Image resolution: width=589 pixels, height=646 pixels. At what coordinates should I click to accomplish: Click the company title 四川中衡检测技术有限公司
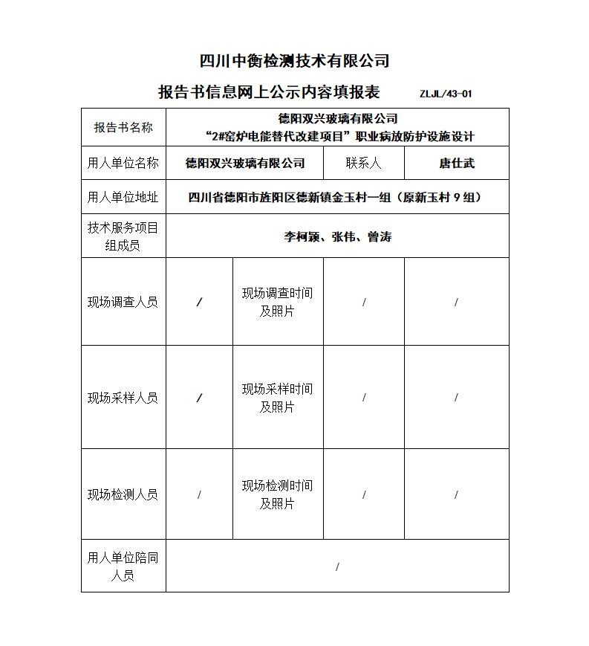click(x=295, y=61)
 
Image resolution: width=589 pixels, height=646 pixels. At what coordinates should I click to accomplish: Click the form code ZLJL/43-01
click(x=446, y=94)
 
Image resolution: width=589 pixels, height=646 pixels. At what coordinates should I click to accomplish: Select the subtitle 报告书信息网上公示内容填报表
click(x=269, y=92)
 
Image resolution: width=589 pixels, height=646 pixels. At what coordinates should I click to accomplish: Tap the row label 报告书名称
click(x=123, y=127)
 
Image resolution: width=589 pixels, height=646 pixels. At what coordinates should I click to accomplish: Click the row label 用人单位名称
click(x=123, y=163)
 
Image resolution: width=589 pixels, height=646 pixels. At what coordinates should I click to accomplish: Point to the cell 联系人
click(x=363, y=163)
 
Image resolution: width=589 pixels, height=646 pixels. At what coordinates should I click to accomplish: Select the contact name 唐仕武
click(x=456, y=163)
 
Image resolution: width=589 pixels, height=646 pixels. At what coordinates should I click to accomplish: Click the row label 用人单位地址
click(x=123, y=197)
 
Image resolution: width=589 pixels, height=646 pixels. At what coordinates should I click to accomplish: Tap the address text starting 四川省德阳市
click(x=336, y=197)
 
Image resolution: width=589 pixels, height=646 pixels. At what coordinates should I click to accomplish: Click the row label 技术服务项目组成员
click(x=123, y=236)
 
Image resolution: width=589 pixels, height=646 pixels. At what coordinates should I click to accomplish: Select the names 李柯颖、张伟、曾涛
click(x=337, y=237)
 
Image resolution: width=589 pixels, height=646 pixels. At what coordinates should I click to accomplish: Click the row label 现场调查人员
click(x=123, y=302)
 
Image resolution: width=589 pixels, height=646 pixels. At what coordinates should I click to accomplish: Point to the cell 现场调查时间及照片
click(x=277, y=302)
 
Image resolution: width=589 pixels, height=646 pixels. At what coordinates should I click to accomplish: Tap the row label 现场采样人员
click(x=123, y=398)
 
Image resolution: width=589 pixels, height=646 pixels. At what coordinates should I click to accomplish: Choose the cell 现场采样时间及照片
click(x=277, y=398)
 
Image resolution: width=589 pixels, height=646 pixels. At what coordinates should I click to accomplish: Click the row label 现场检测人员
click(x=123, y=494)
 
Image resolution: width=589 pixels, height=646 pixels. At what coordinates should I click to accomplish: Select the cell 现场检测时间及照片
click(x=277, y=494)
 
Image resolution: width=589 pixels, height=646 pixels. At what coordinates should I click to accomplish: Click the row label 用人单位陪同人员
click(x=123, y=566)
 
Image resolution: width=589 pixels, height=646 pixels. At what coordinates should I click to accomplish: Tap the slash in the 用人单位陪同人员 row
click(x=337, y=567)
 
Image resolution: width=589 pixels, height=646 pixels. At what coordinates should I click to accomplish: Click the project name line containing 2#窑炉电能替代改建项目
click(x=339, y=136)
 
